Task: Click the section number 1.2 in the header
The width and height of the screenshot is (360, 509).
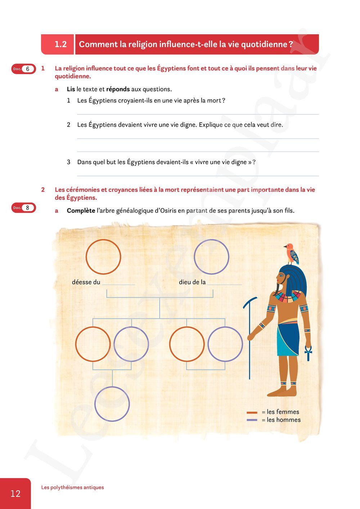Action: pyautogui.click(x=60, y=44)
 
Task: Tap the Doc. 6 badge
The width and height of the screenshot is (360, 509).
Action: pyautogui.click(x=24, y=69)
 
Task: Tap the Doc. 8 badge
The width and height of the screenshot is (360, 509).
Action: pyautogui.click(x=24, y=208)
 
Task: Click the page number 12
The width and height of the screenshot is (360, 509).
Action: pyautogui.click(x=15, y=494)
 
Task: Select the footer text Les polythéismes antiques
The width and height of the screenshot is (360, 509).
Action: pyautogui.click(x=72, y=487)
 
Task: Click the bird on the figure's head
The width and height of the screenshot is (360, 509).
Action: pyautogui.click(x=292, y=253)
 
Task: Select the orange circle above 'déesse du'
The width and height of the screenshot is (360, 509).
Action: pyautogui.click(x=103, y=257)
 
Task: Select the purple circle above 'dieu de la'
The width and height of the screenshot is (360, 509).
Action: pyautogui.click(x=211, y=257)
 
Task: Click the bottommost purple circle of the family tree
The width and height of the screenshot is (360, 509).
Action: pyautogui.click(x=112, y=404)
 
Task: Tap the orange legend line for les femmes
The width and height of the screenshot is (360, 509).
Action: pyautogui.click(x=252, y=412)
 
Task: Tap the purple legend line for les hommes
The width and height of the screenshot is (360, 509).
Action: pyautogui.click(x=252, y=420)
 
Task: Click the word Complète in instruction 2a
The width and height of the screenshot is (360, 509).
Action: pyautogui.click(x=81, y=211)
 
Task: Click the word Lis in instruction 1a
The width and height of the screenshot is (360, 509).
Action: pyautogui.click(x=71, y=89)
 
